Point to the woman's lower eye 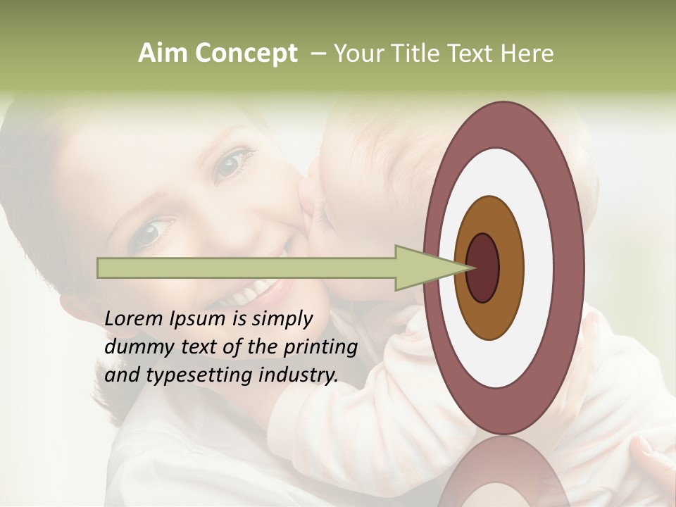[x=154, y=232]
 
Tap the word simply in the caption [x=282, y=319]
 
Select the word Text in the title [x=465, y=54]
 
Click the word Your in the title [x=358, y=54]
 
